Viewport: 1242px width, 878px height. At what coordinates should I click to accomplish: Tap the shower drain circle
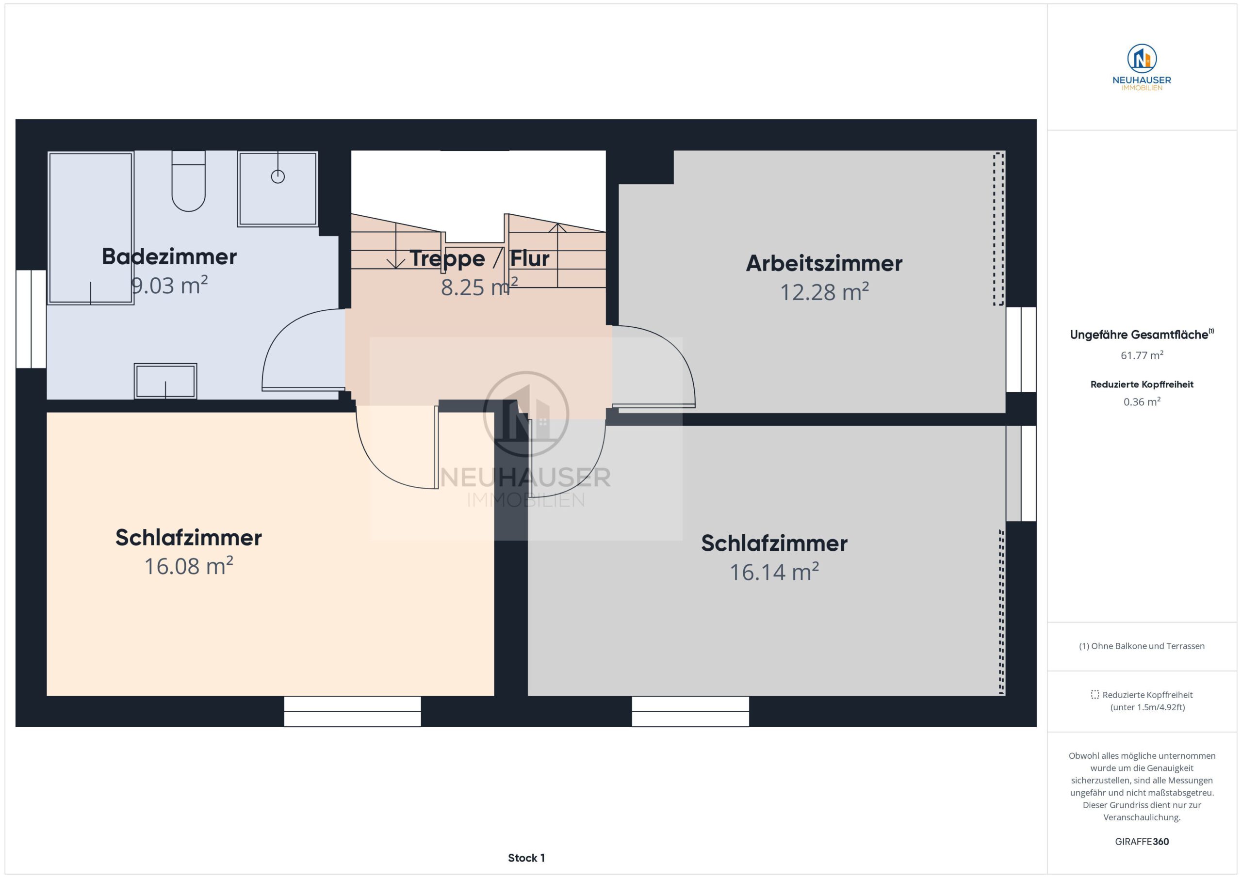point(278,176)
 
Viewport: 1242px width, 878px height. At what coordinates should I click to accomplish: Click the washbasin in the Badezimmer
point(165,381)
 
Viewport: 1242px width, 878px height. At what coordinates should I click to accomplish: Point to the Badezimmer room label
point(169,256)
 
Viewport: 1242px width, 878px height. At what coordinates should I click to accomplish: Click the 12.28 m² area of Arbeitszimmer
point(824,292)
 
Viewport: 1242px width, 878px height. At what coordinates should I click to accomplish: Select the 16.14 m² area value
point(774,572)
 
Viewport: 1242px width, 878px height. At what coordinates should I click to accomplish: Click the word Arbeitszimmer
point(824,263)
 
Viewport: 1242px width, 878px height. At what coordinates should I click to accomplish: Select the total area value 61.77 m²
point(1142,355)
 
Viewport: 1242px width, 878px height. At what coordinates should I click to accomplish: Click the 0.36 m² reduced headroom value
point(1142,402)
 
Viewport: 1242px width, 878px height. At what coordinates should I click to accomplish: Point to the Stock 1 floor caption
point(526,858)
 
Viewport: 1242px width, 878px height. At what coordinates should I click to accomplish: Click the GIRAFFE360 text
point(1142,841)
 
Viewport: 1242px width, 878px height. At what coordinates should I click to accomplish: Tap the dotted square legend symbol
point(1095,694)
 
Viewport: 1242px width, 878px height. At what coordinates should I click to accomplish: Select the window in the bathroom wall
point(31,319)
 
